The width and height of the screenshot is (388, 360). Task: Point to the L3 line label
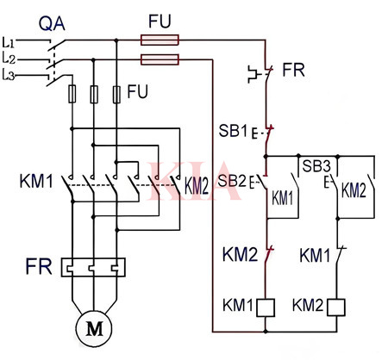tap(10, 77)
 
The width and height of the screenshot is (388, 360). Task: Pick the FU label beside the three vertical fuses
tap(139, 90)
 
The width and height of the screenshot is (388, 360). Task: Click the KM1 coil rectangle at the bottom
tap(266, 305)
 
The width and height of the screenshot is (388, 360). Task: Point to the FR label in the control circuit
tap(293, 69)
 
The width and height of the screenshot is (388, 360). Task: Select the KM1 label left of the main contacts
tap(35, 183)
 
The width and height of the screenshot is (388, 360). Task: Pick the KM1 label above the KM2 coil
tap(316, 255)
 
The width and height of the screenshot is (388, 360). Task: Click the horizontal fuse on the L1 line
tap(160, 39)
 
